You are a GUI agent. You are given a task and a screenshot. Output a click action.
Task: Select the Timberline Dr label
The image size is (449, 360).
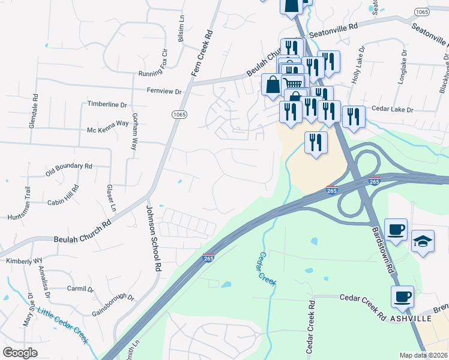point(107,104)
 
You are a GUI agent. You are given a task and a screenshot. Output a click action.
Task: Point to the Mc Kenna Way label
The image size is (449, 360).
point(108,122)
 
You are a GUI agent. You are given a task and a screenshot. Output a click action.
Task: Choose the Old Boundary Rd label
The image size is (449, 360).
point(69,169)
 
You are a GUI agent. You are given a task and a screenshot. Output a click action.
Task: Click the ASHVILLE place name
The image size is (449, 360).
point(411,318)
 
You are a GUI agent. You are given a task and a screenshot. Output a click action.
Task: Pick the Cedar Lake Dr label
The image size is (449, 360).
point(393,110)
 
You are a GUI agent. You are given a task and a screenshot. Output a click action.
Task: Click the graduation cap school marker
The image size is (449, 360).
point(423,241)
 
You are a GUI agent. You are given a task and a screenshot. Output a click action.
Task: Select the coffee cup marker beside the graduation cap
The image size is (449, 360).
point(396,229)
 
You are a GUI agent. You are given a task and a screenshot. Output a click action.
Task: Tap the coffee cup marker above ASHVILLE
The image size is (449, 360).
point(402,296)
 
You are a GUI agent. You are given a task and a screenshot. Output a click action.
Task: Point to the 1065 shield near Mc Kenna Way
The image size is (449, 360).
point(179,115)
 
